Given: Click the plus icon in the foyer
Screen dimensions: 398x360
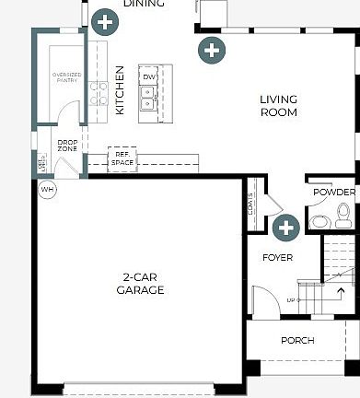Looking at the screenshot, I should point(286,228).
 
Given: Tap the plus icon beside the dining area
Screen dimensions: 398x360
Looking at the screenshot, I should point(105,21).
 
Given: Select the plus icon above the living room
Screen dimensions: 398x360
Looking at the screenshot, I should point(212,49).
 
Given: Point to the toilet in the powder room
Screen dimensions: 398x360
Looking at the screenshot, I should point(343,217).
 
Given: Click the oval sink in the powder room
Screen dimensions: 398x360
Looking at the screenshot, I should point(318,222).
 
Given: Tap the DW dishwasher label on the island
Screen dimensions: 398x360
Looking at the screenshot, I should point(147,77).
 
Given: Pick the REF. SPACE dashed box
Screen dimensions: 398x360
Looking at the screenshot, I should point(122,158).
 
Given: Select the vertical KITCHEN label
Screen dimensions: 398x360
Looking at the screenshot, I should point(120,90).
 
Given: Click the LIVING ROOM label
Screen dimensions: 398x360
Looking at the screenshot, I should point(278,106).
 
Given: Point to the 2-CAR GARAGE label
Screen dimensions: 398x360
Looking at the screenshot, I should point(140,284).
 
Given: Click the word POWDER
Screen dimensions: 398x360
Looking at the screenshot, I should point(333,193).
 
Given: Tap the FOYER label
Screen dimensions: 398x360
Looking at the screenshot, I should point(277,258).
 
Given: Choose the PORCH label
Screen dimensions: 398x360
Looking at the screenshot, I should point(297,341).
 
